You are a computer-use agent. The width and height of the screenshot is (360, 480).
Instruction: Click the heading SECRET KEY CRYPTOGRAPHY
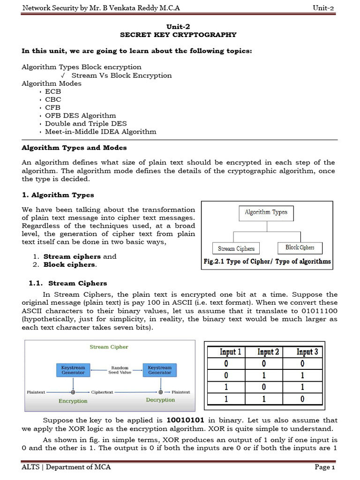point(179,35)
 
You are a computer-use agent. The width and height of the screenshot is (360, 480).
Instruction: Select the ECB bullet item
point(53,91)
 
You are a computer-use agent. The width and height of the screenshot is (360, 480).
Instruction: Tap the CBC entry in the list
point(53,99)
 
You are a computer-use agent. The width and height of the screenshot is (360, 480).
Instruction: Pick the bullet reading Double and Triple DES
point(86,123)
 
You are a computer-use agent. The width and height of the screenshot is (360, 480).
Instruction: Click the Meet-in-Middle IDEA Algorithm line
point(100,131)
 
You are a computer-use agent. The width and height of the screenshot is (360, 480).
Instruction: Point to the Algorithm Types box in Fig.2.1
point(266,212)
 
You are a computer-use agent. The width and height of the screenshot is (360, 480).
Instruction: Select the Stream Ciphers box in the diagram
point(236,248)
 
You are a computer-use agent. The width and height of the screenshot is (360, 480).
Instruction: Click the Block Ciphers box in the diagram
point(300,247)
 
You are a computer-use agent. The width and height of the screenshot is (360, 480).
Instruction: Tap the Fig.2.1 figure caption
point(267,262)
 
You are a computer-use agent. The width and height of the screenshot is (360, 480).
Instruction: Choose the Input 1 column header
point(231,352)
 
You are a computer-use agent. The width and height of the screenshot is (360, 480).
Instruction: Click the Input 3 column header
point(307,352)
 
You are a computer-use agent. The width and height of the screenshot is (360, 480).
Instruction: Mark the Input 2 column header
point(269,352)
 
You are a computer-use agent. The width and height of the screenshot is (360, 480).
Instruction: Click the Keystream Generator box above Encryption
point(73,370)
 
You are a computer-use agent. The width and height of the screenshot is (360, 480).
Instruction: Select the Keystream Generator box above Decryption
point(160,370)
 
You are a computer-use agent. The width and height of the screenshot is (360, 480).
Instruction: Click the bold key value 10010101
point(187,420)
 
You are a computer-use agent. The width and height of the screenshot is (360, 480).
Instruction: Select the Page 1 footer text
point(324,467)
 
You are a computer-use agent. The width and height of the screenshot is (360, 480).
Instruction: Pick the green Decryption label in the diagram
point(160,400)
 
